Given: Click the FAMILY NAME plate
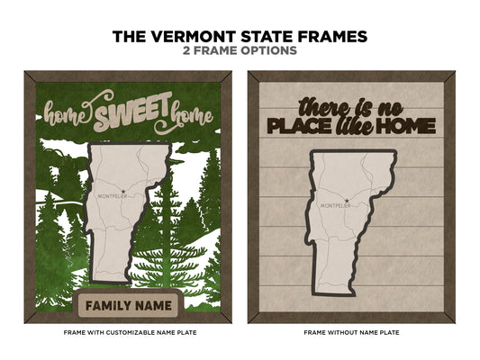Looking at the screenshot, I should click(x=126, y=305).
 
